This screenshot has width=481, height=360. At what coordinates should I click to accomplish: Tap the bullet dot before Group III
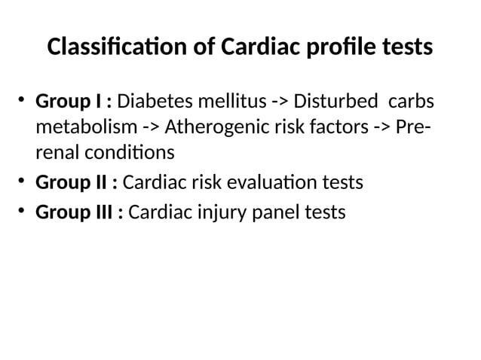tap(23, 212)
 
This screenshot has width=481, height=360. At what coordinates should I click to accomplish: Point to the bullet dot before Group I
tap(23, 99)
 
